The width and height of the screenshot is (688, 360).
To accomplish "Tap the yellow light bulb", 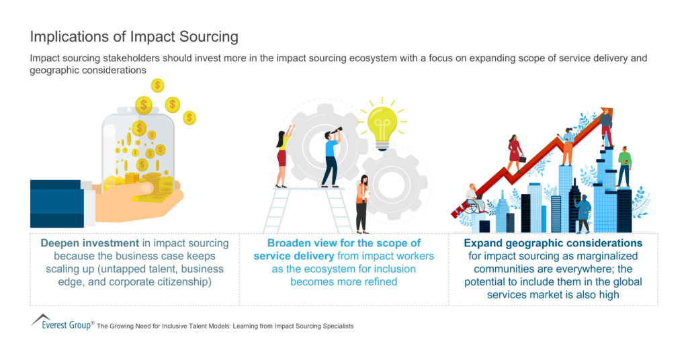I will pos(381,124).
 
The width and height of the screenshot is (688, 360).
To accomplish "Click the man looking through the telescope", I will pos(331,156).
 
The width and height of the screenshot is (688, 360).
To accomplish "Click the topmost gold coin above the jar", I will pos(157,85).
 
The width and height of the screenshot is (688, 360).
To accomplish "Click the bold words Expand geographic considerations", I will pos(553,243).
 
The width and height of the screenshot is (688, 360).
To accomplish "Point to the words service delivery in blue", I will pos(291,256).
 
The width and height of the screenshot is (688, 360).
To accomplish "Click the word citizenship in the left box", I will pos(193,281).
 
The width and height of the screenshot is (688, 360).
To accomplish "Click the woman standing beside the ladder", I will pos(363,202).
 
